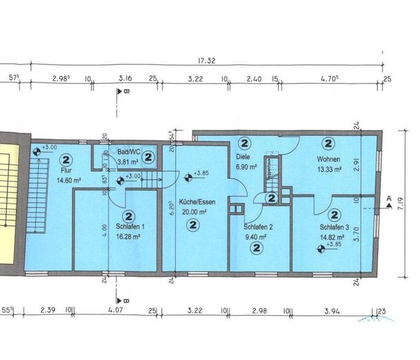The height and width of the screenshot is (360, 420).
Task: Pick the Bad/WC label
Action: [129, 152]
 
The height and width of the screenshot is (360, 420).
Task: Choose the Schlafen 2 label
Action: [257, 226]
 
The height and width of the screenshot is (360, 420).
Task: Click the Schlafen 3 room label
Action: [334, 226]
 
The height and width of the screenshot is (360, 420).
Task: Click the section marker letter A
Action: [389, 199]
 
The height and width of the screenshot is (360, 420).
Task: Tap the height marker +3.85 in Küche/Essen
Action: [201, 174]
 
